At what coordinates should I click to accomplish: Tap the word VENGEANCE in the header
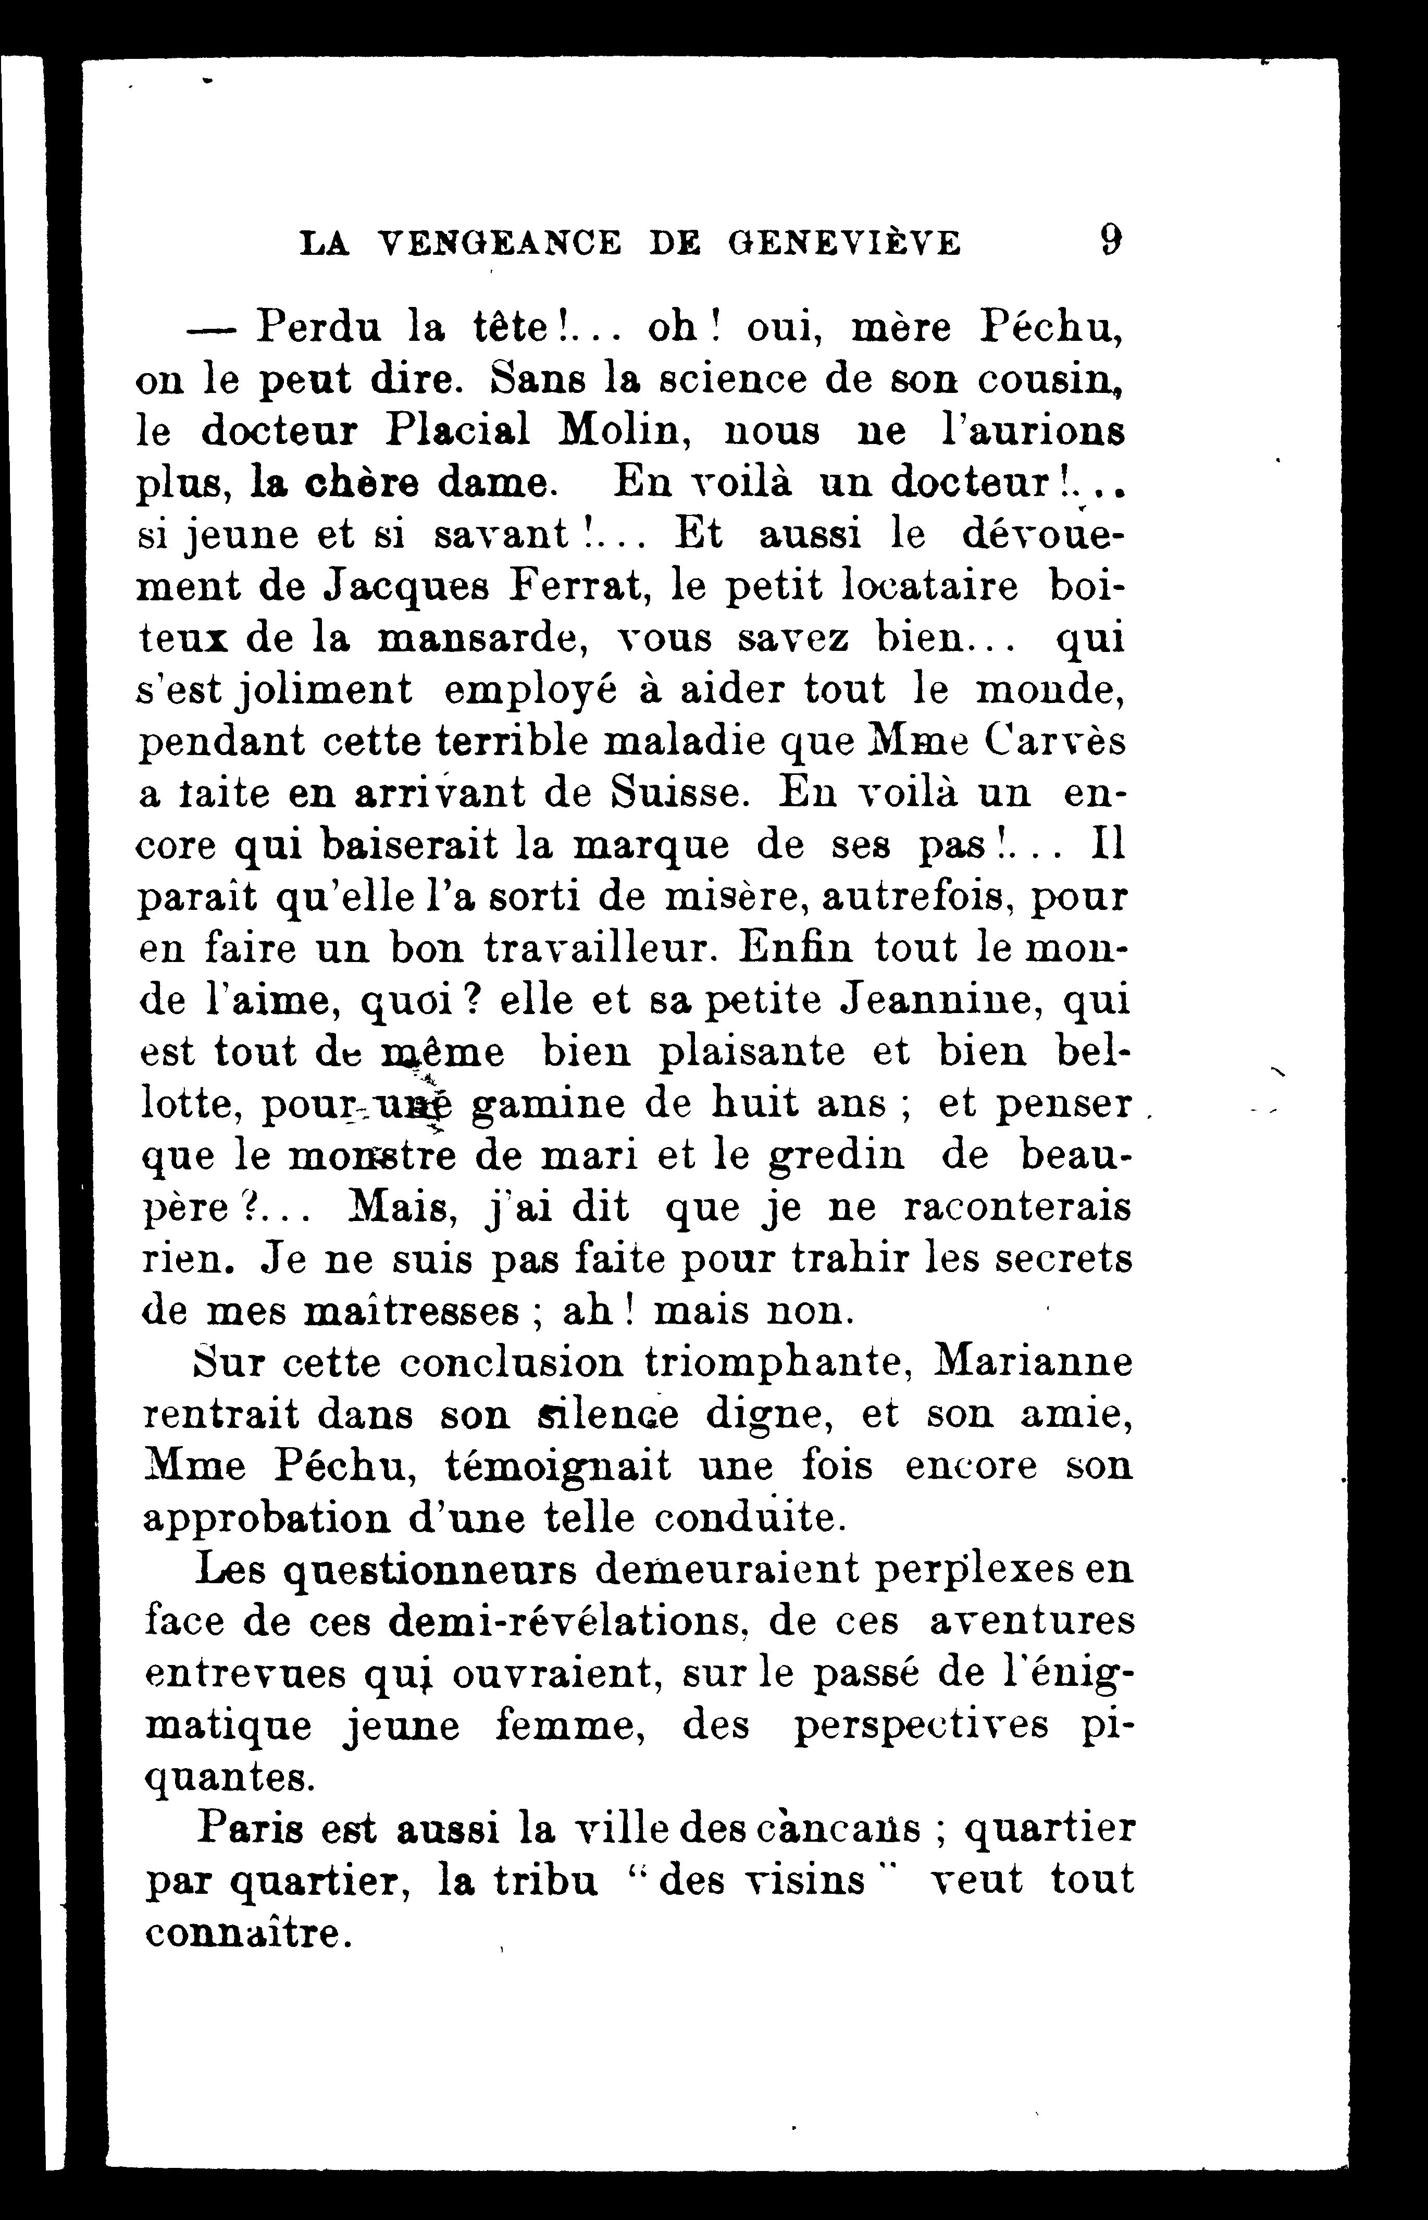point(501,243)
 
